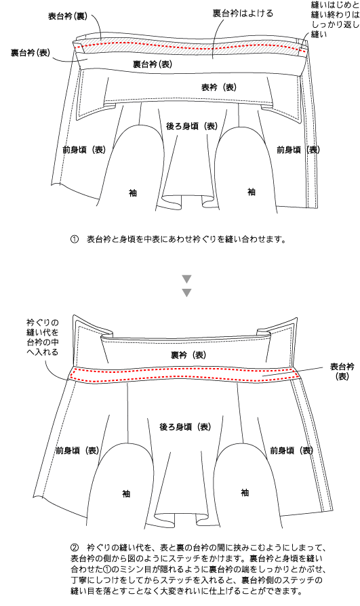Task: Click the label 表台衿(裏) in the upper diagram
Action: [x=68, y=16]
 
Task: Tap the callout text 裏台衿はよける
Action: [x=243, y=13]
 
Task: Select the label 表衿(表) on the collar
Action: [x=219, y=87]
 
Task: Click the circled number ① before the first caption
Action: [x=75, y=239]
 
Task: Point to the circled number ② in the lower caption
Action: [x=75, y=548]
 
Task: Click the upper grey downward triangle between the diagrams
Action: [x=186, y=279]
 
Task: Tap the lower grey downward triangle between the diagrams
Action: [x=186, y=293]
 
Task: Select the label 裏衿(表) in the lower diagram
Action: [x=188, y=355]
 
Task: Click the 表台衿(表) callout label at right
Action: [x=342, y=371]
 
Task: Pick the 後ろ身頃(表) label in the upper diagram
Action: [x=192, y=126]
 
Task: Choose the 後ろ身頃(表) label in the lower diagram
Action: [x=186, y=426]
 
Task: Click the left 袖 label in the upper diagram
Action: [x=133, y=193]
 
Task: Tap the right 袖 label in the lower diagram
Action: [x=245, y=492]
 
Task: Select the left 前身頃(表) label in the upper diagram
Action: [x=84, y=150]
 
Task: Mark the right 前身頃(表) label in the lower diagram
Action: [x=292, y=450]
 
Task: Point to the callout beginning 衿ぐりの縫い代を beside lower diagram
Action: [x=43, y=337]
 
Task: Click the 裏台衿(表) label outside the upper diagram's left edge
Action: [x=31, y=53]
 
